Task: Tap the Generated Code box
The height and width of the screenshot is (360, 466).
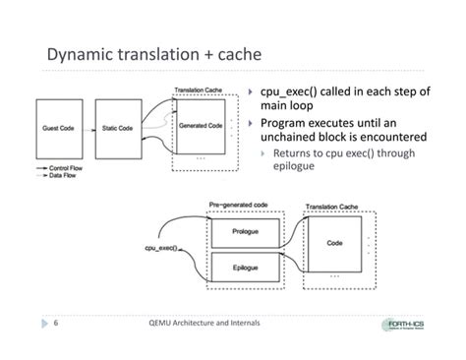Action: (200, 127)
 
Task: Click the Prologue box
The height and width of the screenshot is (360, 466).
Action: (246, 232)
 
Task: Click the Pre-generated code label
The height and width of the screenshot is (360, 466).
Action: (238, 205)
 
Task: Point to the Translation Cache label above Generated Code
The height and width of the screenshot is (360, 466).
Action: (203, 90)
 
